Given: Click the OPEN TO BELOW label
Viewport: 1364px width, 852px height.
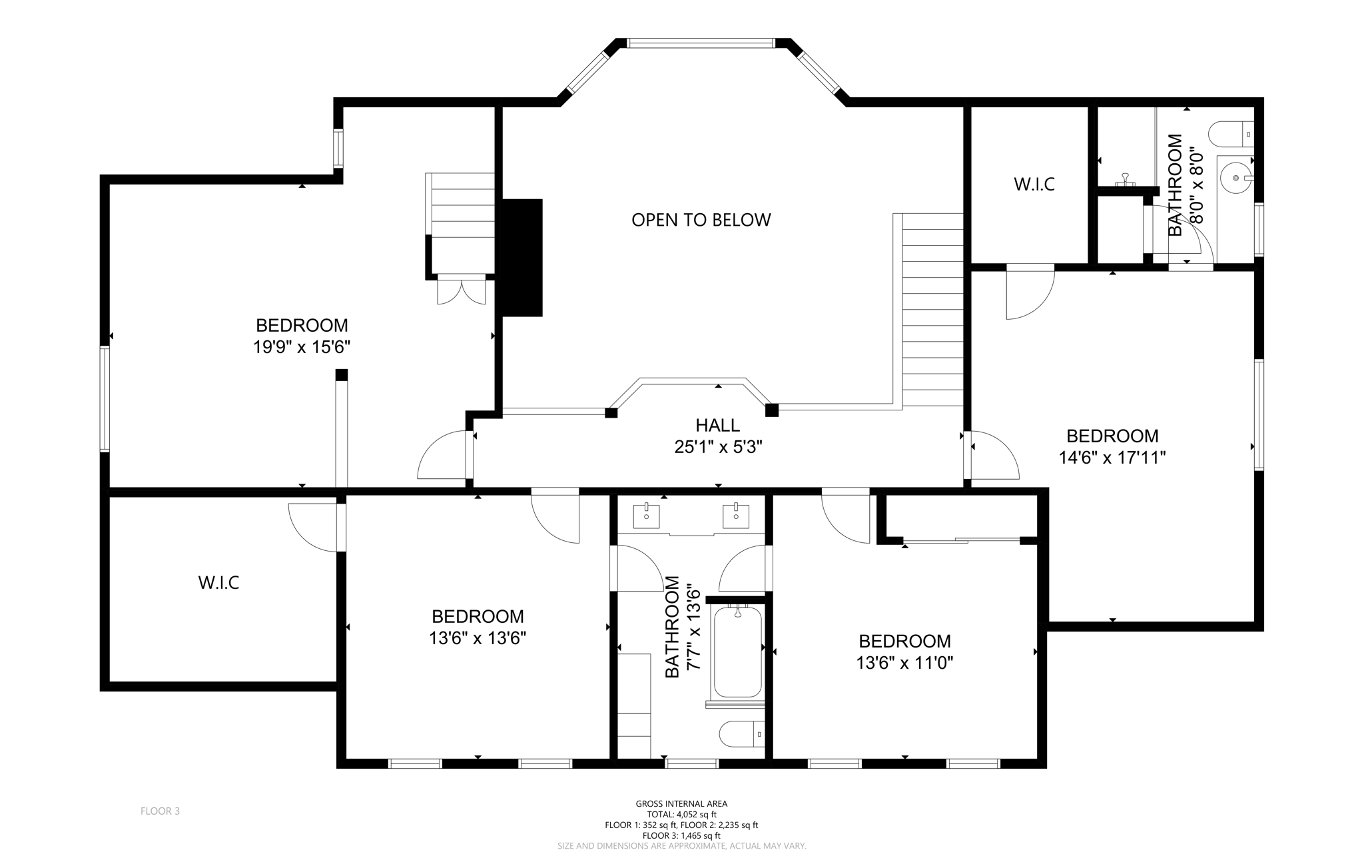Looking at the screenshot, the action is click(701, 220).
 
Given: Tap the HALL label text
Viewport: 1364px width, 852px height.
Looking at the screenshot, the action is click(717, 425).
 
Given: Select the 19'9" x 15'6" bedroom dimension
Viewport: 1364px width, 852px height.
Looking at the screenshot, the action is click(302, 347).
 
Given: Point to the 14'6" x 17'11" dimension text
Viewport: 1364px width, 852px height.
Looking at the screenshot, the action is click(1112, 458).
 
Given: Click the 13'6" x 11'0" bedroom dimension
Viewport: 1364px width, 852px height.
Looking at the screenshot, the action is click(904, 663).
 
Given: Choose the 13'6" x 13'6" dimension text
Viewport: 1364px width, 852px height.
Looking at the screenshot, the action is click(478, 638).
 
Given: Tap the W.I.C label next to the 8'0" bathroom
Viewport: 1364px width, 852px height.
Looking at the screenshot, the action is click(1034, 185).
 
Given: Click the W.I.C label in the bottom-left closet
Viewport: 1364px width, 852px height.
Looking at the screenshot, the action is click(218, 583).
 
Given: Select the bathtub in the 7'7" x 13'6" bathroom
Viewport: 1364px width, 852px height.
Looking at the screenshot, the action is click(737, 651).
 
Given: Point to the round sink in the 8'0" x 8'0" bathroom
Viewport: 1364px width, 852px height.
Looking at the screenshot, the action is click(1237, 178).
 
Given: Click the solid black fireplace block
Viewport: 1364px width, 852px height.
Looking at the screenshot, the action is click(522, 258).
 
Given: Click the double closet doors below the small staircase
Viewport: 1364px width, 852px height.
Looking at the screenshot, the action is click(462, 292).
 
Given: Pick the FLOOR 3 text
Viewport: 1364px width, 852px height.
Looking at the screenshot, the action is click(160, 811).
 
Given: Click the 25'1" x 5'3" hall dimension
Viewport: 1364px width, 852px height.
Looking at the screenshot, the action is click(718, 447).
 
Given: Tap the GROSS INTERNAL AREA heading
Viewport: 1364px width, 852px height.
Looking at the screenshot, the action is click(681, 803).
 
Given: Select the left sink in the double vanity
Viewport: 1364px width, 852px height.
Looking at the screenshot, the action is click(646, 516).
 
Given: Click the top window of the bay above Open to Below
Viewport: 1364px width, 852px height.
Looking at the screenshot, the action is click(701, 43).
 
